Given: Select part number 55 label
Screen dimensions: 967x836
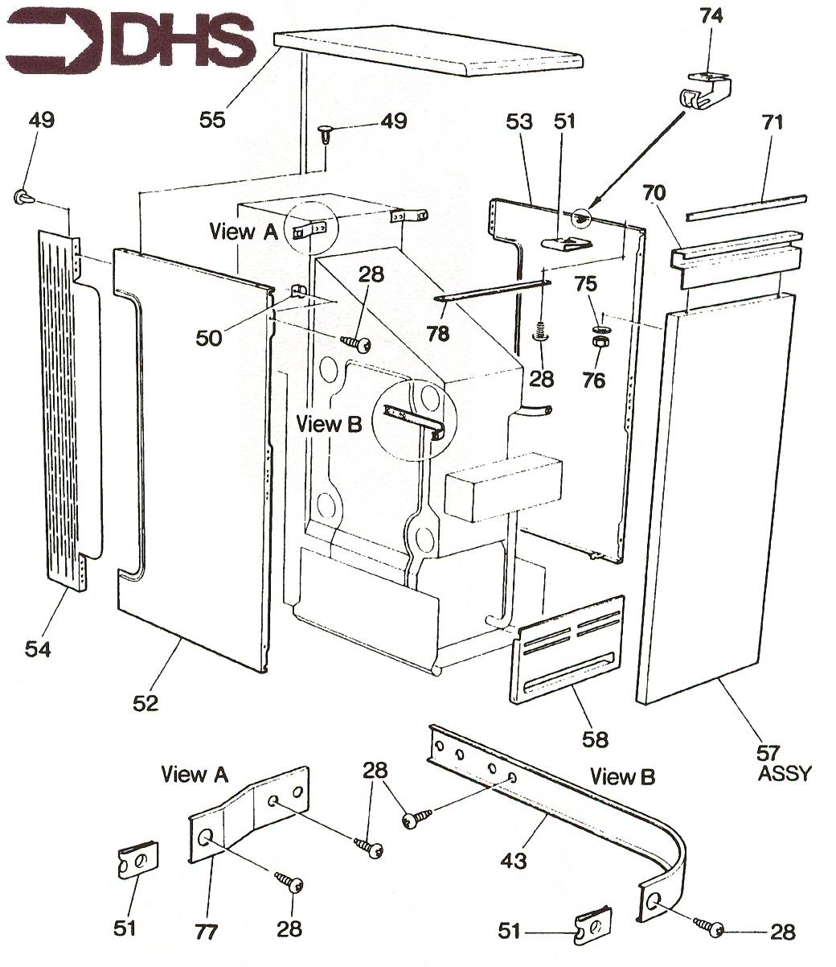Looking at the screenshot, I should tap(213, 120).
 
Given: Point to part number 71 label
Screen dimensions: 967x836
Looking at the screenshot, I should tap(772, 122).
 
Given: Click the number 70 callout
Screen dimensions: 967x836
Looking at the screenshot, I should tap(656, 192).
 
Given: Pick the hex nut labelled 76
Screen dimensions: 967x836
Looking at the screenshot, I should tap(599, 341).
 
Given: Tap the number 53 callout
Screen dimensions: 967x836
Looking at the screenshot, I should tap(519, 122).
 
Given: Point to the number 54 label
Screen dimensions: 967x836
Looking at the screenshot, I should tap(38, 648).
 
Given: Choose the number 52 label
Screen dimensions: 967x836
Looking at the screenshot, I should tap(146, 702).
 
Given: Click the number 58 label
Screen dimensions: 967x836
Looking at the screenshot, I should tap(596, 738).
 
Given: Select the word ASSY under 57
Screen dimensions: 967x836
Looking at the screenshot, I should tap(785, 774).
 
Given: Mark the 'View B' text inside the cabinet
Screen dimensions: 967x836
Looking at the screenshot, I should tap(330, 424).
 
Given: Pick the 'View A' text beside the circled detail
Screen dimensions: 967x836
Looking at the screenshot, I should tap(243, 232).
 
